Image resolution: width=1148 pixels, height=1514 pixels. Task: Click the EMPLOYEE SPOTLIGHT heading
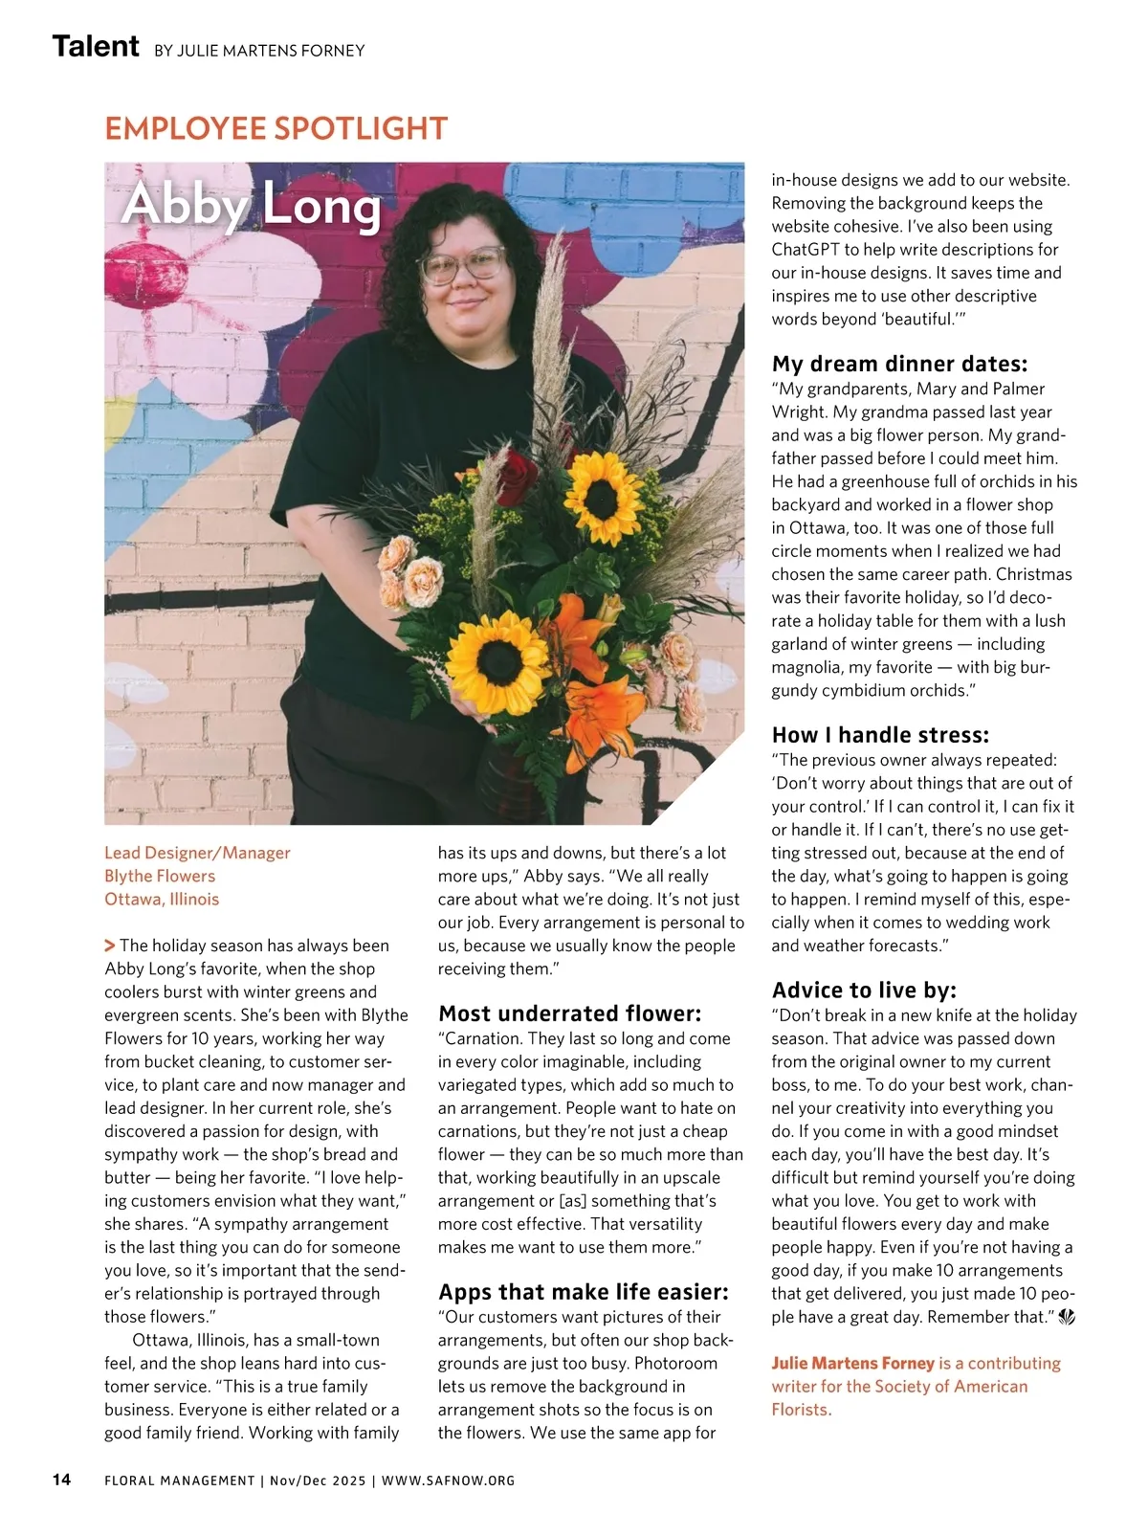[x=276, y=128]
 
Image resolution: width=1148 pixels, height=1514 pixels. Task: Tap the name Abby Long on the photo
[x=252, y=205]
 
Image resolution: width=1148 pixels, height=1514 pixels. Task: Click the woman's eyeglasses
[x=462, y=264]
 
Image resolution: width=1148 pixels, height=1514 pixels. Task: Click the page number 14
[x=61, y=1480]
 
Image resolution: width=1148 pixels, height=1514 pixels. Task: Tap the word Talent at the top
[x=96, y=46]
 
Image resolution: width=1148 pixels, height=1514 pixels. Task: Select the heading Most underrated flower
[x=569, y=1013]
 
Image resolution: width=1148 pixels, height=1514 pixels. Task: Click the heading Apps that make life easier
[x=583, y=1292]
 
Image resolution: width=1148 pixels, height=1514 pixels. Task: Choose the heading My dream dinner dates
[x=899, y=364]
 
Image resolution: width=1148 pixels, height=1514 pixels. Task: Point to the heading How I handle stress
[x=880, y=735]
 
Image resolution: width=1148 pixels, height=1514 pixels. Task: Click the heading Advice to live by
[x=864, y=990]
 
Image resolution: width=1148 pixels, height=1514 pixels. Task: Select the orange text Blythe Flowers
[x=160, y=876]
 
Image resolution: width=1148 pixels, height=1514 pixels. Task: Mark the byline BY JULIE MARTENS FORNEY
[x=259, y=50]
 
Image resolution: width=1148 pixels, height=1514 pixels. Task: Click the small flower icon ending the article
[x=1067, y=1318]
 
